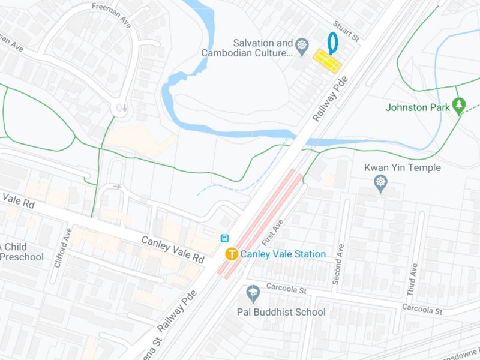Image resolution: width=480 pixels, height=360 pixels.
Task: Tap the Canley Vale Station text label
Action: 283,254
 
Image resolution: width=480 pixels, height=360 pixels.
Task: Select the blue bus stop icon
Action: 225,238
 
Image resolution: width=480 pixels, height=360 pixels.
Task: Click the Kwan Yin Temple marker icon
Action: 380,183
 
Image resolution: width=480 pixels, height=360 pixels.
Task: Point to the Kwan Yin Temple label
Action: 403,168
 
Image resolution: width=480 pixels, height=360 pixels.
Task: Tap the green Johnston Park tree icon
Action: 459,106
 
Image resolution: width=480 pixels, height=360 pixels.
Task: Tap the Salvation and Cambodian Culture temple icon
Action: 302,44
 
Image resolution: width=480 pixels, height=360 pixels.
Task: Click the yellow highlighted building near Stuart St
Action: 328,61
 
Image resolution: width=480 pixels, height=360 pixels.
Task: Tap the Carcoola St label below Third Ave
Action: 422,309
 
